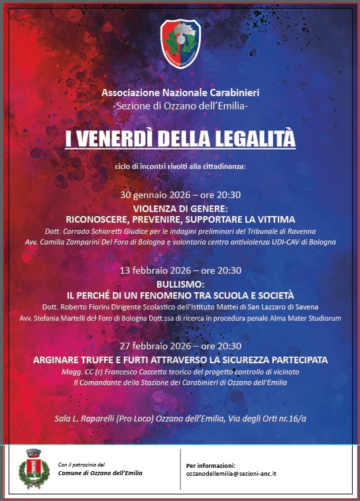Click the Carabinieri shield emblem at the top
click(x=180, y=44)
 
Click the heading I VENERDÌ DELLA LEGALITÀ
click(x=180, y=139)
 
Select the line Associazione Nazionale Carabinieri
click(x=180, y=93)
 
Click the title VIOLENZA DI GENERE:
click(x=180, y=208)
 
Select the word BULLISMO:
click(x=180, y=284)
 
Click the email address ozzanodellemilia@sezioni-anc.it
click(x=232, y=474)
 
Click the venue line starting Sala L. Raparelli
click(x=180, y=419)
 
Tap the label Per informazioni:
click(x=211, y=465)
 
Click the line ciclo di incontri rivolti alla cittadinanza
click(x=180, y=166)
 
